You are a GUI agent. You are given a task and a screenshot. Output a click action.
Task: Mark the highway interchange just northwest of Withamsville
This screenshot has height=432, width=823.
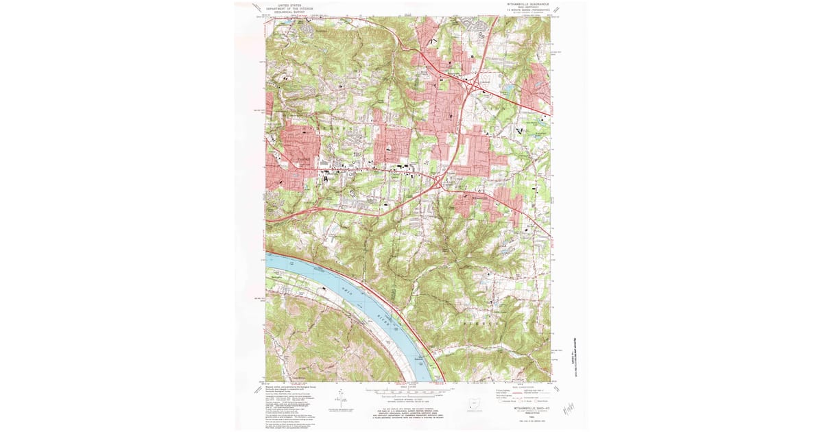coord(438,181)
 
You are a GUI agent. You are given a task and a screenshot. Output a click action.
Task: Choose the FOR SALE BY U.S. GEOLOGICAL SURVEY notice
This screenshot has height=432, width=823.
coord(409,414)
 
